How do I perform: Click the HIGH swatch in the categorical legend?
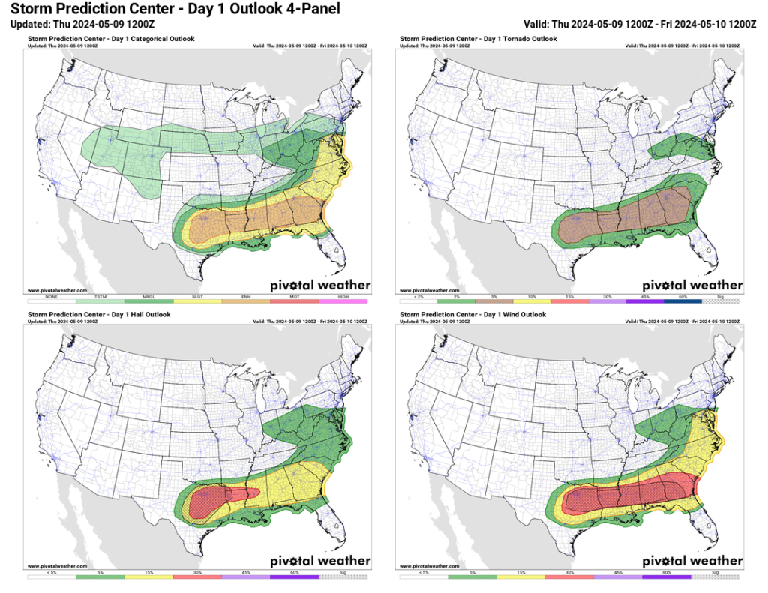pos(343,301)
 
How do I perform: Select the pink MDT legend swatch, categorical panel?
pos(294,301)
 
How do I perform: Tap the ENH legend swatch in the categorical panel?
pos(246,301)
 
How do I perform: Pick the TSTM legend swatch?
pos(100,301)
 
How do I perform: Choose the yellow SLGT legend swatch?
pos(197,301)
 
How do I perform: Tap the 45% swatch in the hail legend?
pos(246,577)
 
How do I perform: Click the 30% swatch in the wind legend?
pos(571,577)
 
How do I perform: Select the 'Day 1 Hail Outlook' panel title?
pos(99,315)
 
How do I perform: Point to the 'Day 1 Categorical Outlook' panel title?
pos(110,39)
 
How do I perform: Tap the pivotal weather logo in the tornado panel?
pos(692,285)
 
